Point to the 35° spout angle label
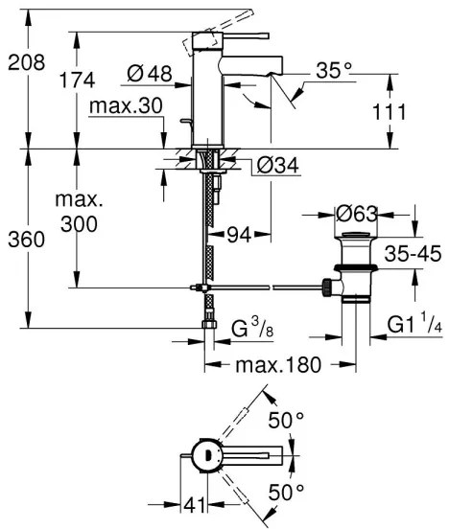pyautogui.click(x=334, y=70)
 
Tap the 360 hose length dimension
pyautogui.click(x=21, y=240)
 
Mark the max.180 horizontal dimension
pyautogui.click(x=265, y=364)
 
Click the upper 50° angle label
pyautogui.click(x=285, y=420)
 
